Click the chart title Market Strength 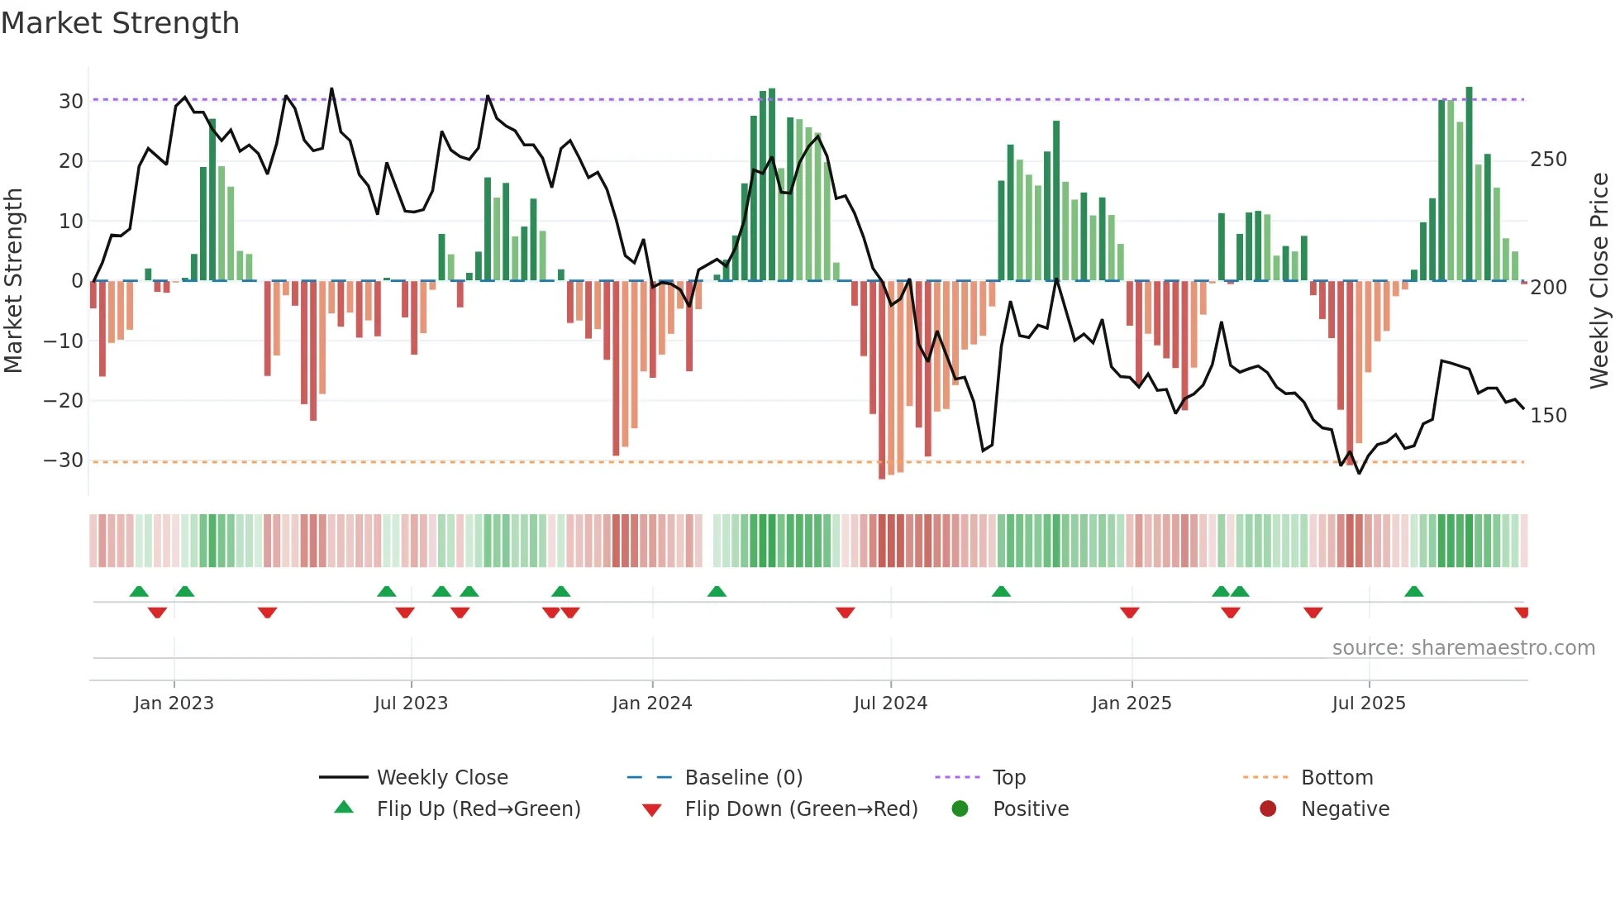[121, 23]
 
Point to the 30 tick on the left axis [71, 102]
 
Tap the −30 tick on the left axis [64, 460]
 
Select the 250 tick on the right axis [1548, 160]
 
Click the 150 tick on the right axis [1548, 416]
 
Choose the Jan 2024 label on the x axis [652, 704]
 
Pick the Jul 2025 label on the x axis [1369, 704]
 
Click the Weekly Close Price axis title [1599, 281]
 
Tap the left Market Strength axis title [14, 281]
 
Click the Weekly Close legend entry [442, 778]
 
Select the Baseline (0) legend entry [743, 778]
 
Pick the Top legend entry [1008, 778]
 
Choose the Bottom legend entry [1336, 778]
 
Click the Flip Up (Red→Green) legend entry [479, 809]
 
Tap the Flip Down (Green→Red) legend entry [801, 809]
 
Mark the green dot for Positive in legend [960, 809]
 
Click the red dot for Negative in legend [1268, 809]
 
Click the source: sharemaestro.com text [1463, 648]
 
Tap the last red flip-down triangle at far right [1522, 613]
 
